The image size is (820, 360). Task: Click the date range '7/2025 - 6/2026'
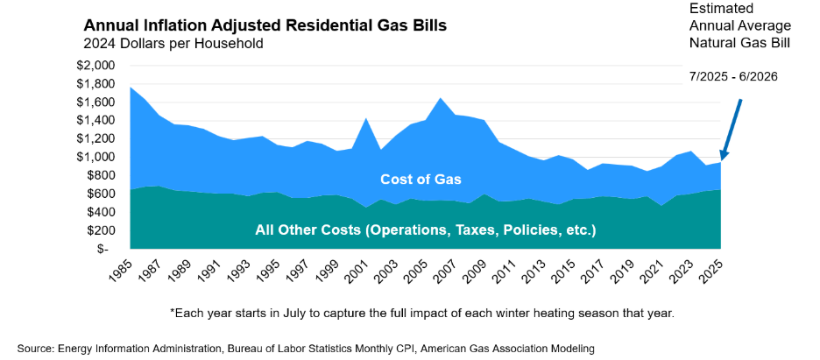pos(733,76)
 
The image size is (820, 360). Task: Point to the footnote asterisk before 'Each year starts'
pos(173,313)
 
